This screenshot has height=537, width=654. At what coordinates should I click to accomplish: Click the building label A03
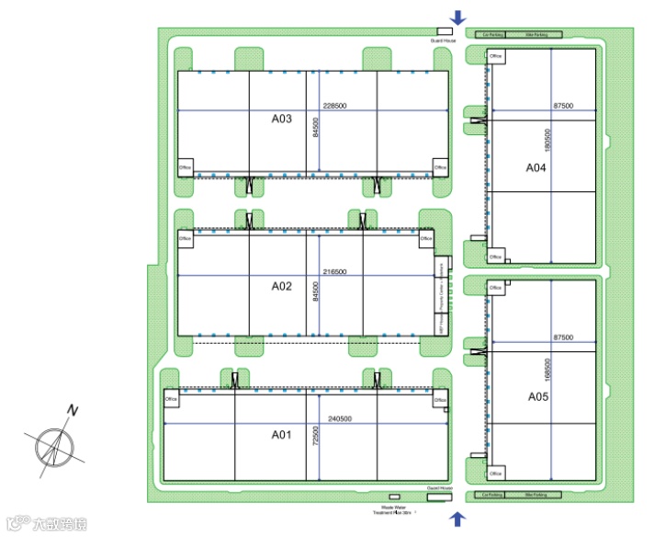point(281,119)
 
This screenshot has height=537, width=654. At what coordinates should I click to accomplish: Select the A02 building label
point(281,286)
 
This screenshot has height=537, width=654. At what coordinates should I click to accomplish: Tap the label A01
point(281,434)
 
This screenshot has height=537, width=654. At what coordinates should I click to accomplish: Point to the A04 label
point(536,168)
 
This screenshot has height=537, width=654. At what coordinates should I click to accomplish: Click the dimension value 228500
point(335,106)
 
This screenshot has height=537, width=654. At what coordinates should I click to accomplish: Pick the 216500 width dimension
point(334,272)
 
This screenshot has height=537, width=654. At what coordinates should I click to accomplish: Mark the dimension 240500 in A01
point(340,419)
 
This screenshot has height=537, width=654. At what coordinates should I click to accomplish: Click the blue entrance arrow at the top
point(458,17)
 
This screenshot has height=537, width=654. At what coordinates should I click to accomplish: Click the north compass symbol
point(58,444)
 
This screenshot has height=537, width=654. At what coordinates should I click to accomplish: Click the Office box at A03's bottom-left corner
point(185,167)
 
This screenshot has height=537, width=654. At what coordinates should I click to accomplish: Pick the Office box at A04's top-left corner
point(496,57)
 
